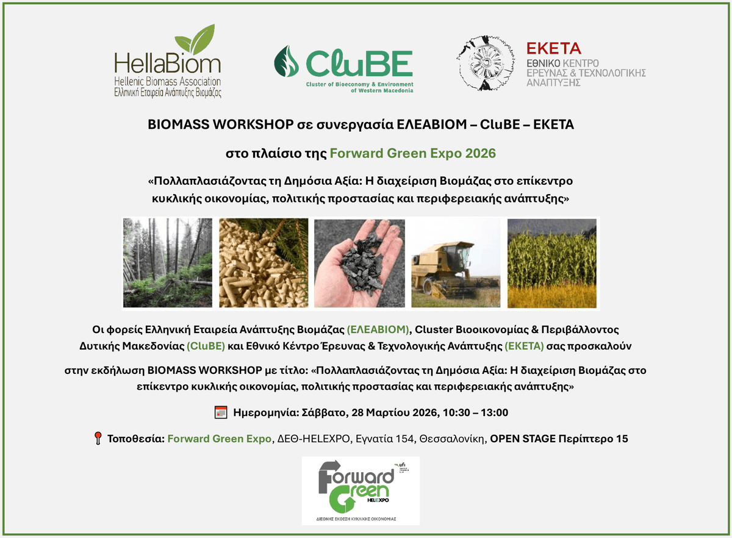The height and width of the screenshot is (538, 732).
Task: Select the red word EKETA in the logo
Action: click(x=553, y=49)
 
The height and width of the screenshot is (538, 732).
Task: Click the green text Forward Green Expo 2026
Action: click(x=412, y=153)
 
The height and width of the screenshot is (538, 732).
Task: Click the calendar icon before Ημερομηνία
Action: click(x=221, y=412)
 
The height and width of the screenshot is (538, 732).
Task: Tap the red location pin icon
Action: click(x=98, y=439)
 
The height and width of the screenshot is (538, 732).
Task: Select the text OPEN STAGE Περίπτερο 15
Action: click(x=559, y=439)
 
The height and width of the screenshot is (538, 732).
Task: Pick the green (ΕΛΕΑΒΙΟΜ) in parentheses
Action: click(x=378, y=330)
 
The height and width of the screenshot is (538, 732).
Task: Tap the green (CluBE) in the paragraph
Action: click(x=206, y=346)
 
